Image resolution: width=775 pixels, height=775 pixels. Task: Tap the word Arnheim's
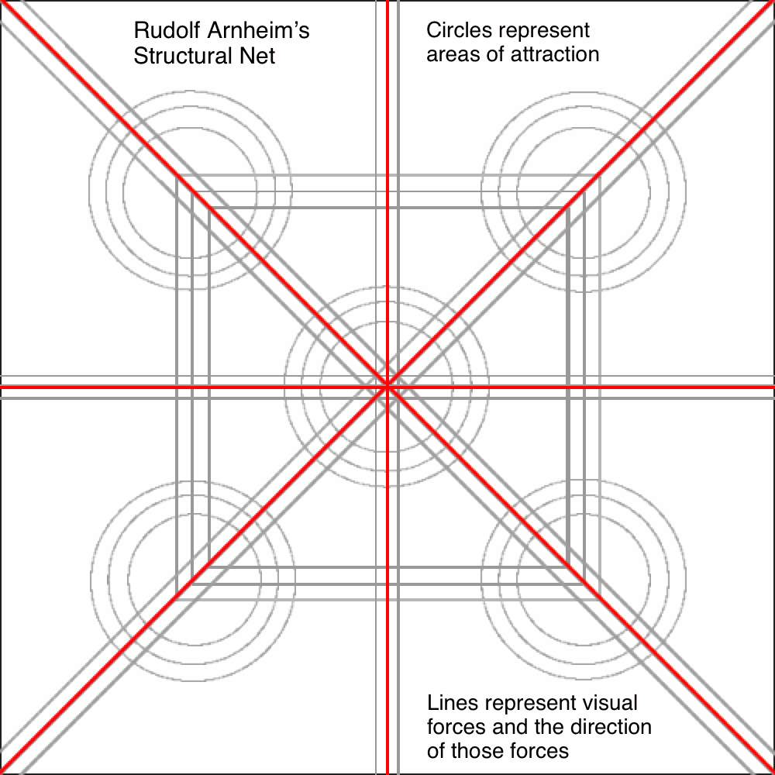(x=259, y=31)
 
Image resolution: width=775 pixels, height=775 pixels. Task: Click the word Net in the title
(x=257, y=55)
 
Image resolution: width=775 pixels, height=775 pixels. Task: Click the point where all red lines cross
(x=387, y=387)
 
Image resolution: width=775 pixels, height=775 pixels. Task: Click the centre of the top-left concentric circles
(x=191, y=191)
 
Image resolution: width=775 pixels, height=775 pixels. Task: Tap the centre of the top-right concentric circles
(x=584, y=191)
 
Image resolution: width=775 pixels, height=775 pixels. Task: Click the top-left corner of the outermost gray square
(x=177, y=175)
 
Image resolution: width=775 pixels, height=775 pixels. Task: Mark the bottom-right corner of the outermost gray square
(x=600, y=600)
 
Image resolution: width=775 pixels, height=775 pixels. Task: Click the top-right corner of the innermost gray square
(x=568, y=208)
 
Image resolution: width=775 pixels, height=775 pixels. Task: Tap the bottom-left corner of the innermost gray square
(x=208, y=567)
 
